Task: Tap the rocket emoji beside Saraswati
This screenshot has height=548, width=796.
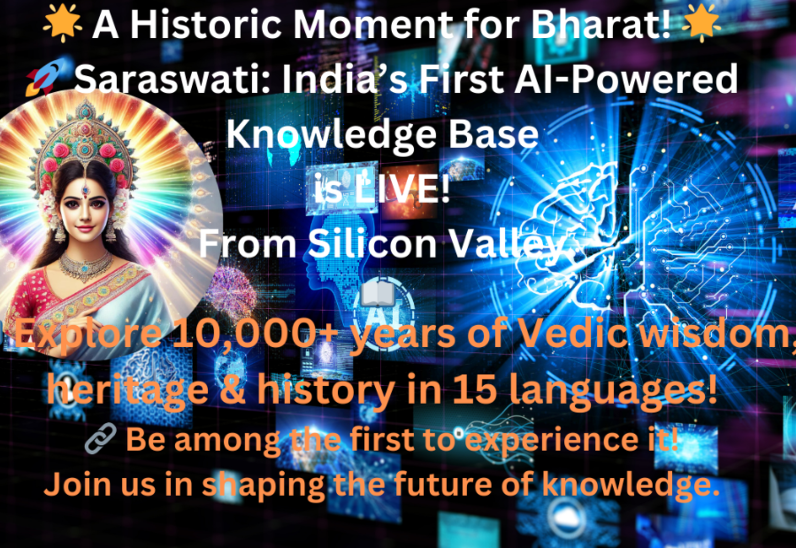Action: click(46, 77)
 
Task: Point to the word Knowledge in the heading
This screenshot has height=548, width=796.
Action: click(331, 135)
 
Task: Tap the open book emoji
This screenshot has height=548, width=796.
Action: click(377, 294)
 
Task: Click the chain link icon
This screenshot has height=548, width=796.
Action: click(101, 439)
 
